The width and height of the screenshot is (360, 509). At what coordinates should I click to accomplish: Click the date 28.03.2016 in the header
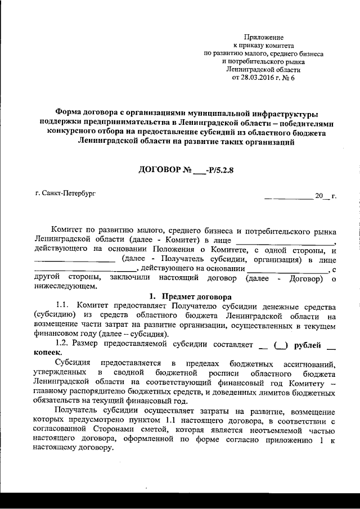click(x=256, y=78)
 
